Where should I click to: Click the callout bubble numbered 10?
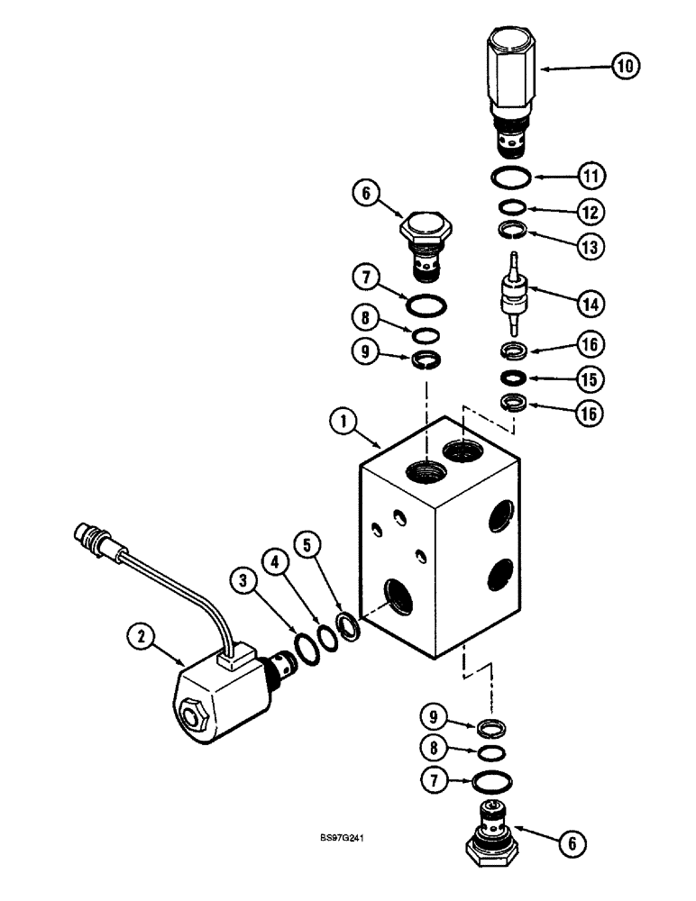(625, 65)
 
